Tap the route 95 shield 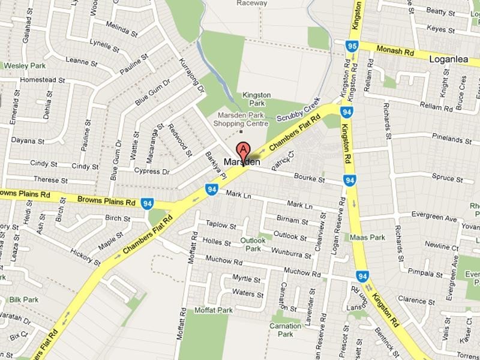[x=352, y=47]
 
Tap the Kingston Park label [x=256, y=99]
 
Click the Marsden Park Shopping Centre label [x=242, y=119]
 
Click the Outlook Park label [x=253, y=244]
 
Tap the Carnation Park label [x=280, y=329]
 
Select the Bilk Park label [x=24, y=299]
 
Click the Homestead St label [x=42, y=80]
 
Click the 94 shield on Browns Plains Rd [x=146, y=203]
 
